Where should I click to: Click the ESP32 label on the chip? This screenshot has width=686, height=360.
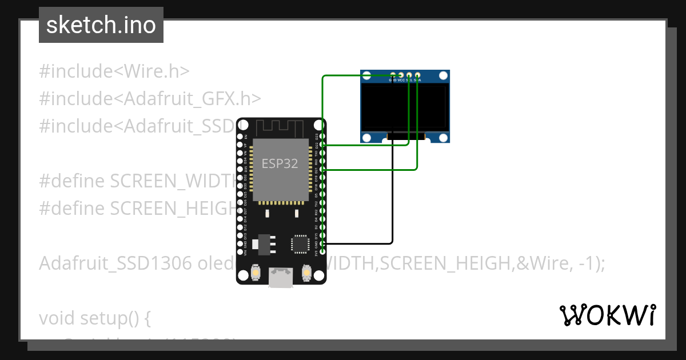[x=280, y=163]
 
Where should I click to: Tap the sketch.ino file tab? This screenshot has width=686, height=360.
[x=101, y=25]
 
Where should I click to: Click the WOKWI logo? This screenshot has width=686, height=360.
[x=607, y=315]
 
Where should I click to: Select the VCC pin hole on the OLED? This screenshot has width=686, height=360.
[x=401, y=75]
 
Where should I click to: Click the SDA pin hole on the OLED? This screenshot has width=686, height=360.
[x=418, y=75]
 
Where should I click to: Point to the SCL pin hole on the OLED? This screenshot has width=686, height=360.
[x=409, y=75]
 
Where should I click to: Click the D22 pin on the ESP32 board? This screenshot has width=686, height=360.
[x=323, y=145]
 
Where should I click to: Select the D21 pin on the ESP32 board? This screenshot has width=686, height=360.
[x=323, y=170]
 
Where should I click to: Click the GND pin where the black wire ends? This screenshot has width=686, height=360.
[x=323, y=243]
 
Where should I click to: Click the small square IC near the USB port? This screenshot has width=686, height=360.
[x=300, y=243]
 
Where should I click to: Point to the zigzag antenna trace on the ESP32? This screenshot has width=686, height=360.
[x=280, y=127]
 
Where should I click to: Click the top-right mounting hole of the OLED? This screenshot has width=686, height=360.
[x=443, y=76]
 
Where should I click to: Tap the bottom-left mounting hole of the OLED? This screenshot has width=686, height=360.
[x=367, y=137]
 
